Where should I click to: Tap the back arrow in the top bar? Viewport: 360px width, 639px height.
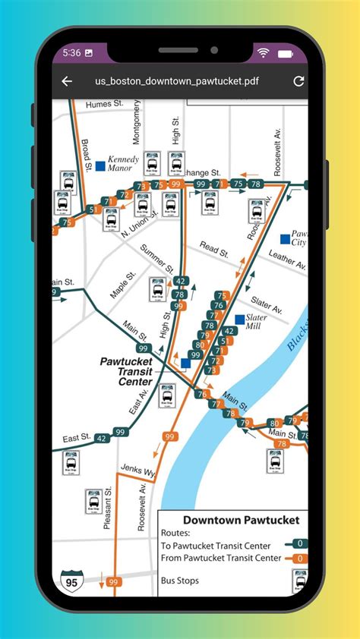tap(67, 81)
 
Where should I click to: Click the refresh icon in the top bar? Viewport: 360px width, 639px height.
tap(298, 81)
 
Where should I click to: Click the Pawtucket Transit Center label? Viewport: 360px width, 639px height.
tap(127, 372)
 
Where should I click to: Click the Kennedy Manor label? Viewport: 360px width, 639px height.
tap(123, 165)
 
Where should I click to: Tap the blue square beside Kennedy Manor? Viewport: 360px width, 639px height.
tap(100, 165)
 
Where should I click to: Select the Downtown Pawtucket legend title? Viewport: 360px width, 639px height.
tap(241, 520)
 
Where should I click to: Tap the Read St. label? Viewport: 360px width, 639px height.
tap(214, 250)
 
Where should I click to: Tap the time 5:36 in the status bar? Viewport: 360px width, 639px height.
tap(72, 53)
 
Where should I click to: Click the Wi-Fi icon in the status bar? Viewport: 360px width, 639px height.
tap(264, 53)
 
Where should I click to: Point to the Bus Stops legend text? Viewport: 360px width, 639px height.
tap(180, 581)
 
